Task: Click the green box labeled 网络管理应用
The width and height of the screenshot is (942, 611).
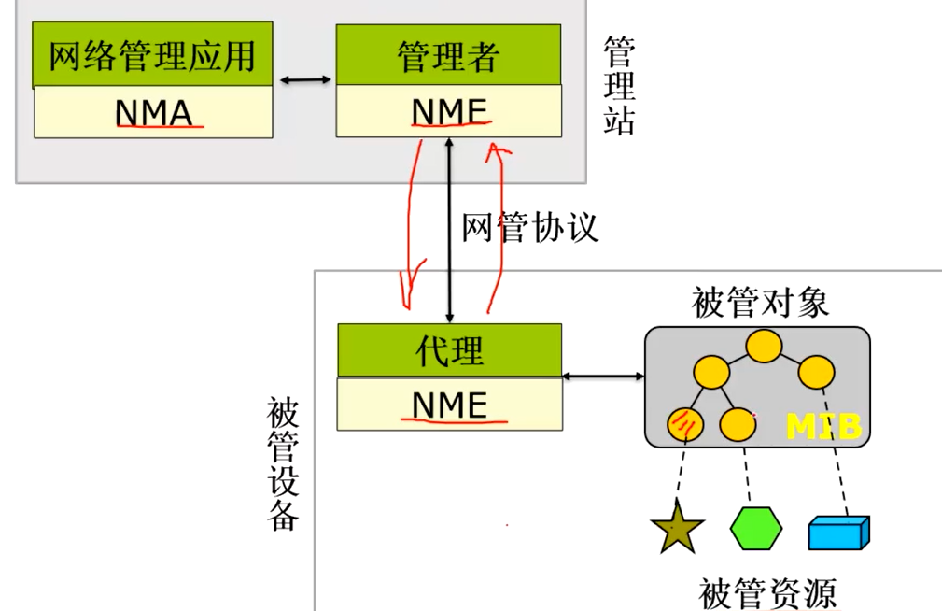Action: tap(152, 55)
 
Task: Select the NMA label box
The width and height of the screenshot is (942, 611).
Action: tap(153, 113)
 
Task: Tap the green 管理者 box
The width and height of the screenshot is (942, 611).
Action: tap(448, 55)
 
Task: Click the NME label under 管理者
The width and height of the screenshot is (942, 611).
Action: tap(449, 111)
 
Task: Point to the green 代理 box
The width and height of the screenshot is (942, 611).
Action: tap(449, 350)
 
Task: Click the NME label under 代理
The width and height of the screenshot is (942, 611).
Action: tap(449, 405)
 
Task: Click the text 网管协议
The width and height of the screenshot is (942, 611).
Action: tap(529, 227)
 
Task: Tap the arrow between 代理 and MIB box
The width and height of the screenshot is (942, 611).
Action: tap(604, 377)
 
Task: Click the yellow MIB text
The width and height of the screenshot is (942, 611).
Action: tap(823, 427)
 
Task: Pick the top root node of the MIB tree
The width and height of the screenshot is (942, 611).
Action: tap(763, 346)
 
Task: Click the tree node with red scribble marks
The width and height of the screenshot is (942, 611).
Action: tap(683, 425)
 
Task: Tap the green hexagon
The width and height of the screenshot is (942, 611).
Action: tap(756, 530)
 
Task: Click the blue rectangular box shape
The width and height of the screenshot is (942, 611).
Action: tap(837, 533)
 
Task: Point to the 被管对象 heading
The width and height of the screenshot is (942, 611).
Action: tap(760, 304)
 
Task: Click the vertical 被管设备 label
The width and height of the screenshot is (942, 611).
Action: tap(283, 463)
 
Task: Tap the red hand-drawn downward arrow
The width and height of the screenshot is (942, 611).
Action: tap(409, 224)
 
